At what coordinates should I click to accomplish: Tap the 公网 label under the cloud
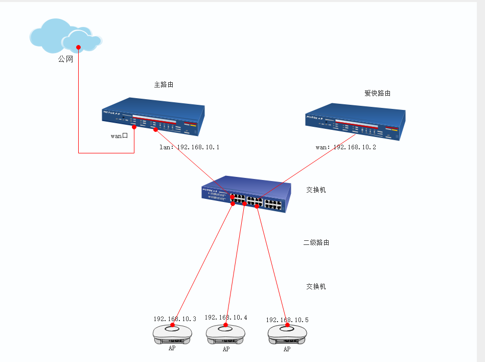65,59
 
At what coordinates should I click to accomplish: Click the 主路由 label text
164,84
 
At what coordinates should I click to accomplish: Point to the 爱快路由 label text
377,93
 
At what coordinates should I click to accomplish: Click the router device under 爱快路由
355,121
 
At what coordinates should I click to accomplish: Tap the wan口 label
119,136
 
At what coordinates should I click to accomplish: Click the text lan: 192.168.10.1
190,147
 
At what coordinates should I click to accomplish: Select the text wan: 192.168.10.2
346,147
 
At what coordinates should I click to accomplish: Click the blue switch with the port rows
246,194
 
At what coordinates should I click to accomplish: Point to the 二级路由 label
316,242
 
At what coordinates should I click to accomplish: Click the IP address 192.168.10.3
175,319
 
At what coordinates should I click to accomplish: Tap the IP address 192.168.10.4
226,318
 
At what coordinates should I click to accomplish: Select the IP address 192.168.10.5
287,320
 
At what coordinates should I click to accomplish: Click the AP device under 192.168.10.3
173,334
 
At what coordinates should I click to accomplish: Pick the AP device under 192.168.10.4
225,335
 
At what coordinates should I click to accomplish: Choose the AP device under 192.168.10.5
287,335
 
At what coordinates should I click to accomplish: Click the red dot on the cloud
79,48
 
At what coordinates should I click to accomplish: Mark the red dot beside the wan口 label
134,127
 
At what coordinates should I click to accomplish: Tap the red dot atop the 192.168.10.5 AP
287,325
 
